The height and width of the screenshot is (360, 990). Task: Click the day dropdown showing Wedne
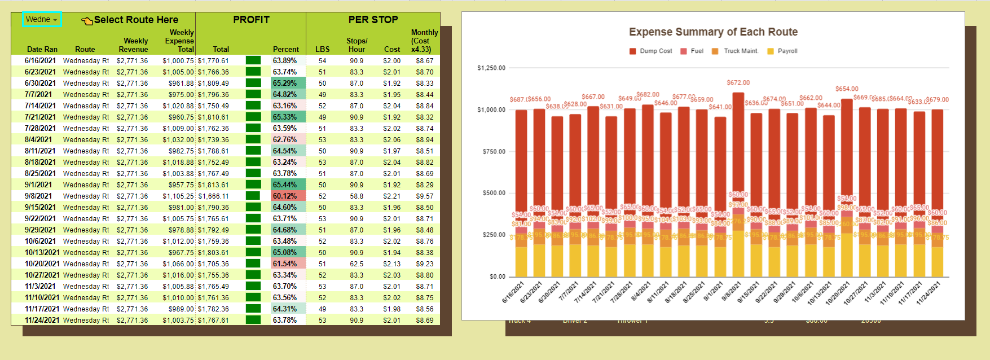42,20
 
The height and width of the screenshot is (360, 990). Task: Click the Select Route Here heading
135,20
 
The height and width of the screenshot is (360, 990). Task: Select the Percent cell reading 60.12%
285,196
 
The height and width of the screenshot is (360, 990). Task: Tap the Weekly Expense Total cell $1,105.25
178,196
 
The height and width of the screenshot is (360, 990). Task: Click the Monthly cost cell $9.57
424,196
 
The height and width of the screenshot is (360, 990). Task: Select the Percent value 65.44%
285,185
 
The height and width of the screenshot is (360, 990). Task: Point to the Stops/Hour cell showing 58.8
356,196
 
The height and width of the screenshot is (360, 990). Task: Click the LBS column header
322,50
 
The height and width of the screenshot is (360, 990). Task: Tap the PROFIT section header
251,20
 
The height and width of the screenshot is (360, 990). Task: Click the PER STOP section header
373,20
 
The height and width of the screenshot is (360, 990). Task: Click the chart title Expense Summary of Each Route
713,32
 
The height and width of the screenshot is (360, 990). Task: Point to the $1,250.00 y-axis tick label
491,68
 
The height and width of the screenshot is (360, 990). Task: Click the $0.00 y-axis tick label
497,276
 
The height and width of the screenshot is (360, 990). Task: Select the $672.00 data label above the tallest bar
738,83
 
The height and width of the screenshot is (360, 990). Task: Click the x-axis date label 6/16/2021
513,292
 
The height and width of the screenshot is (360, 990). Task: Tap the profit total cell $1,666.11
213,196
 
